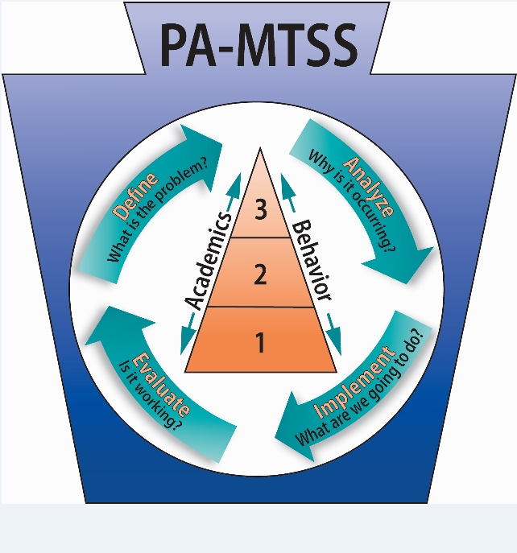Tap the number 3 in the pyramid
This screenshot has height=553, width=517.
pyautogui.click(x=259, y=210)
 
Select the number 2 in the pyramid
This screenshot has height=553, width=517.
pyautogui.click(x=259, y=276)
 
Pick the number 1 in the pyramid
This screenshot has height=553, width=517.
pyautogui.click(x=259, y=344)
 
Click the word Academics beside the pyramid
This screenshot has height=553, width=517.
pyautogui.click(x=211, y=259)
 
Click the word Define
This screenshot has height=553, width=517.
pyautogui.click(x=135, y=194)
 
